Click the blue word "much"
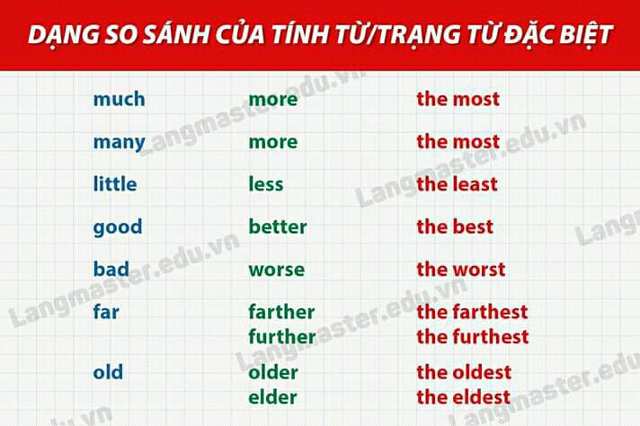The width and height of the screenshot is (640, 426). point(120,99)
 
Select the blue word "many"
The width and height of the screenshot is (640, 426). point(120,143)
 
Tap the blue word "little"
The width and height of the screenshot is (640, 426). point(115,183)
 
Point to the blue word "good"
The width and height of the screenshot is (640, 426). point(118,227)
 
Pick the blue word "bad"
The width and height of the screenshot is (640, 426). point(111,269)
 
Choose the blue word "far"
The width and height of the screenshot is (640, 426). point(106,312)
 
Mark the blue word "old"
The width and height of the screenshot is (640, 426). point(108,372)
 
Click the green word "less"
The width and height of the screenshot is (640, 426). point(266,183)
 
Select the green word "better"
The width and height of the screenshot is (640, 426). point(278,226)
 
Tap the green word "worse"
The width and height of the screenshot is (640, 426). point(276,270)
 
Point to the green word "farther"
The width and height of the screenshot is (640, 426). point(281,312)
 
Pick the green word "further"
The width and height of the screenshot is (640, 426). point(282,337)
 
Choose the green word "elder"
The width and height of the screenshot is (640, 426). point(272,397)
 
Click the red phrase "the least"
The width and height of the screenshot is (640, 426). point(457,183)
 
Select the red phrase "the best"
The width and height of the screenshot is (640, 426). point(455,226)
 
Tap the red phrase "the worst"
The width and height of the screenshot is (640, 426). point(461,269)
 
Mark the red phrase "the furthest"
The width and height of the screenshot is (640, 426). point(473,337)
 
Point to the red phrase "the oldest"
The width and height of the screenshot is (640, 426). point(464,372)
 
